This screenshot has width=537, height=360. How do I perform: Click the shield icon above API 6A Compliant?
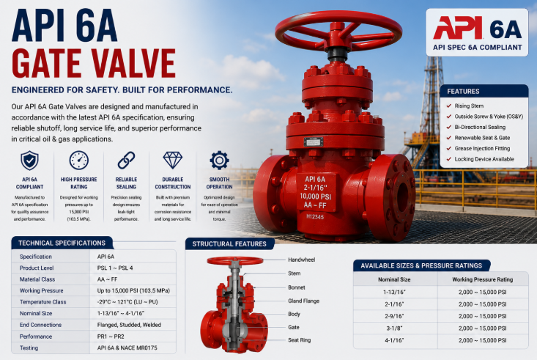click(x=29, y=161)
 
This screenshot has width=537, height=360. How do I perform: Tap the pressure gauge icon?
click(x=79, y=160)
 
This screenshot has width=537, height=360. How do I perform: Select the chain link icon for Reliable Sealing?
click(x=126, y=160)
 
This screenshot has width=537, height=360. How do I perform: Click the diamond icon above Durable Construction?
click(x=173, y=160)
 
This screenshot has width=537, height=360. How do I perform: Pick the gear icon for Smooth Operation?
click(x=219, y=160)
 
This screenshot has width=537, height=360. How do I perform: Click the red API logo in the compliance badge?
click(x=458, y=28)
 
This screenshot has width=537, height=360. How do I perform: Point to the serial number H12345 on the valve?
click(x=315, y=217)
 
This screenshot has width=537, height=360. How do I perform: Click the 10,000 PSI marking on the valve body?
click(x=315, y=196)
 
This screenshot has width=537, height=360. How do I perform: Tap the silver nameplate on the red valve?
click(x=314, y=142)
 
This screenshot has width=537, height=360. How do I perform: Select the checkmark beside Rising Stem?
click(x=448, y=106)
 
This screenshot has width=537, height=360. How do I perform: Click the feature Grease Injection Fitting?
click(x=482, y=148)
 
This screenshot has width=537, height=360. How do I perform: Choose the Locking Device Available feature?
click(x=484, y=159)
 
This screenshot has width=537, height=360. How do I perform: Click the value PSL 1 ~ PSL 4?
click(x=115, y=268)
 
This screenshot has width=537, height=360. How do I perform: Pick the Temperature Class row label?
click(x=42, y=302)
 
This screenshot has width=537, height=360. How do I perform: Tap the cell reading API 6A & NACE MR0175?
click(x=127, y=348)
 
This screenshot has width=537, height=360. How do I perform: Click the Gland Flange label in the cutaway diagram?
click(x=303, y=301)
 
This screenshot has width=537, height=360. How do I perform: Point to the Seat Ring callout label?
click(x=300, y=340)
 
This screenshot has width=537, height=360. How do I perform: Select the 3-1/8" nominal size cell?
click(x=394, y=328)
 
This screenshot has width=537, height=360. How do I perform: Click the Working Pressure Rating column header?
click(x=483, y=279)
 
